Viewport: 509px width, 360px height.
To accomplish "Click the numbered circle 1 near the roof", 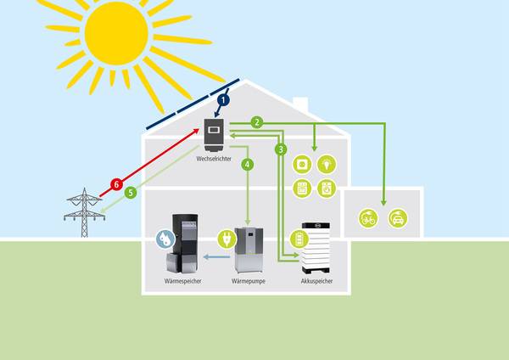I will (224, 100).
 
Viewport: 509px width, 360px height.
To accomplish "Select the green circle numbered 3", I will (281, 149).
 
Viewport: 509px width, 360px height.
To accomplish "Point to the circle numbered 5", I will (130, 193).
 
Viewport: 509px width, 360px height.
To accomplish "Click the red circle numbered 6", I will (118, 184).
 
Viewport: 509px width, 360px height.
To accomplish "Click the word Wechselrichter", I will (213, 158).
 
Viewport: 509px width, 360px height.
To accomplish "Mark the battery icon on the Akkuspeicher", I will (297, 239).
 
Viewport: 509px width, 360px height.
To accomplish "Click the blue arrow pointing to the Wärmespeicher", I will (217, 254).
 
